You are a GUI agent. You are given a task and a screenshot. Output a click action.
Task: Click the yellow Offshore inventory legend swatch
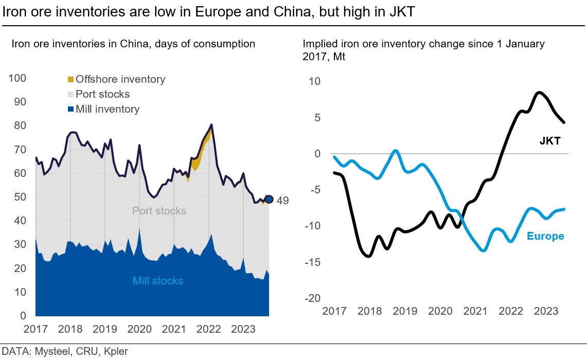(x=71, y=80)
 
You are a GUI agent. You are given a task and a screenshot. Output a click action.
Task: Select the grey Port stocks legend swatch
(x=71, y=95)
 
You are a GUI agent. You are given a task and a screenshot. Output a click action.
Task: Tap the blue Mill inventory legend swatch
(x=71, y=110)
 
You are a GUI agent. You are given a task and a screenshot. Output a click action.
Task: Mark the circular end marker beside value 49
(x=269, y=200)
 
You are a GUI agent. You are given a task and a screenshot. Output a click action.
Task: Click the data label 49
(x=282, y=201)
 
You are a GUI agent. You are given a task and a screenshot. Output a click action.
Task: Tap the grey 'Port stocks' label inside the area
(x=159, y=211)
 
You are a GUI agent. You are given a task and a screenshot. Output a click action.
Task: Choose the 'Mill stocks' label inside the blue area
(x=157, y=281)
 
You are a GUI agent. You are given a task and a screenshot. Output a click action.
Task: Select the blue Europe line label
(x=545, y=237)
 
